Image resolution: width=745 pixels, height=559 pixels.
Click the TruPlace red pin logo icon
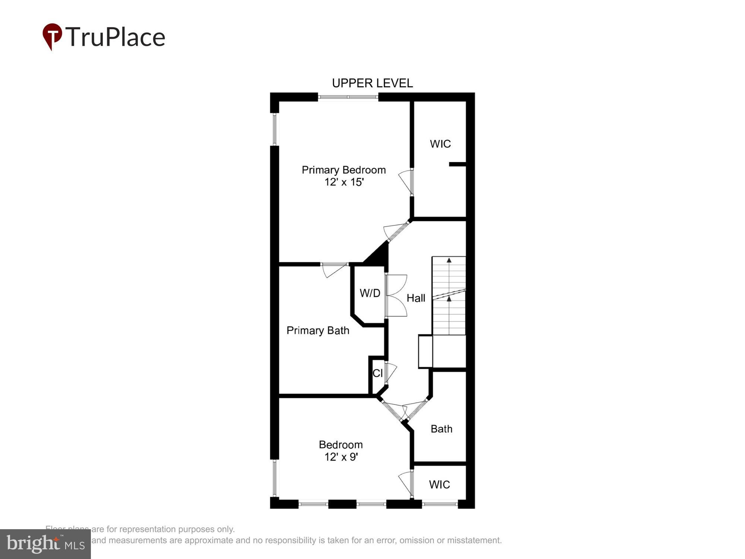tap(52, 36)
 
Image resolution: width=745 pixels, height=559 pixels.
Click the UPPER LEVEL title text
tap(372, 83)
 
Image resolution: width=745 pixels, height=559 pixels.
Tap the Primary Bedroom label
tap(343, 170)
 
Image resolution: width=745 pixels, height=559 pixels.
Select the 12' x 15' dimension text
tap(343, 182)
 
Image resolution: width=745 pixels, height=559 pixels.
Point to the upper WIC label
tap(440, 144)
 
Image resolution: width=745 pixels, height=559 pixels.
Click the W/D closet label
tap(370, 293)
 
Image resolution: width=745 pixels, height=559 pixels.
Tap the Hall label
tap(416, 298)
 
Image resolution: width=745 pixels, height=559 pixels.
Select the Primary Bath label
tap(318, 331)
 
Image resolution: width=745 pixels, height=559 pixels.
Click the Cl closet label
tap(377, 373)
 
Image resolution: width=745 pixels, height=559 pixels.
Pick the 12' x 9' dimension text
tap(341, 457)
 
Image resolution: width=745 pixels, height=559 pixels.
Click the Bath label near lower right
tap(441, 429)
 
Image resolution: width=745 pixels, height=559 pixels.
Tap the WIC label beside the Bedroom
tap(439, 484)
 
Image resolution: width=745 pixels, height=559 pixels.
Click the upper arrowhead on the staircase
tap(449, 260)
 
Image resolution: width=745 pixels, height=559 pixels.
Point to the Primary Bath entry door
tap(335, 269)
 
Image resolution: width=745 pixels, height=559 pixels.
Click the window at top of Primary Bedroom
tap(348, 97)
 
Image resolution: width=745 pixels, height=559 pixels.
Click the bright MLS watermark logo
tap(45, 544)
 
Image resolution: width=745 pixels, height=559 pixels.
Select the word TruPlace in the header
tap(115, 37)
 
